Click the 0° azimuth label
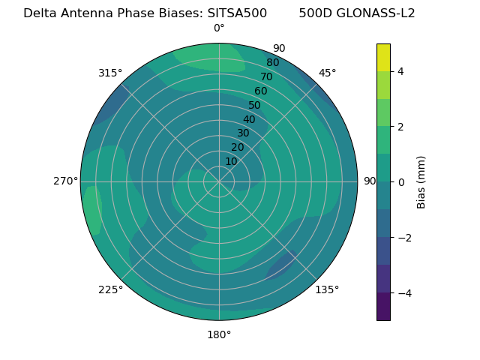coord(219,28)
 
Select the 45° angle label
coord(327,73)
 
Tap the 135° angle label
coord(327,289)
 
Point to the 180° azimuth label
coord(219,334)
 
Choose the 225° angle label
coord(110,289)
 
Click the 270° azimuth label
coord(65,181)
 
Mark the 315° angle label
coord(110,73)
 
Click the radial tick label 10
coord(231,161)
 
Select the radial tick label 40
coord(249,119)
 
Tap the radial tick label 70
coord(266,76)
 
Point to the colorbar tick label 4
coord(401,71)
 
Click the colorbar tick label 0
coord(401,181)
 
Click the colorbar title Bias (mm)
coord(421,181)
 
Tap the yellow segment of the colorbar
coord(383,57)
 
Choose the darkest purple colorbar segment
coord(383,307)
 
